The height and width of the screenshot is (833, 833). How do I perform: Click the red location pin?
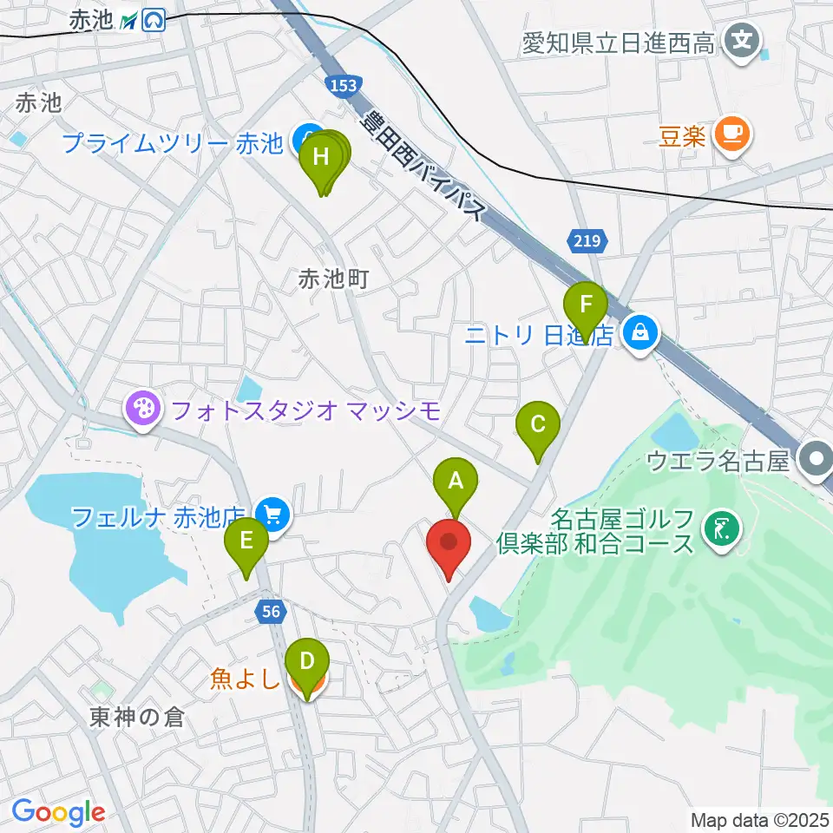point(449,544)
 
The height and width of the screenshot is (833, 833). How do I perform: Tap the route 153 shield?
point(343,85)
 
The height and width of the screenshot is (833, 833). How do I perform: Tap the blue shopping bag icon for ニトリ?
point(640,332)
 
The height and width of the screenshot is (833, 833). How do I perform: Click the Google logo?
point(58,813)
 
